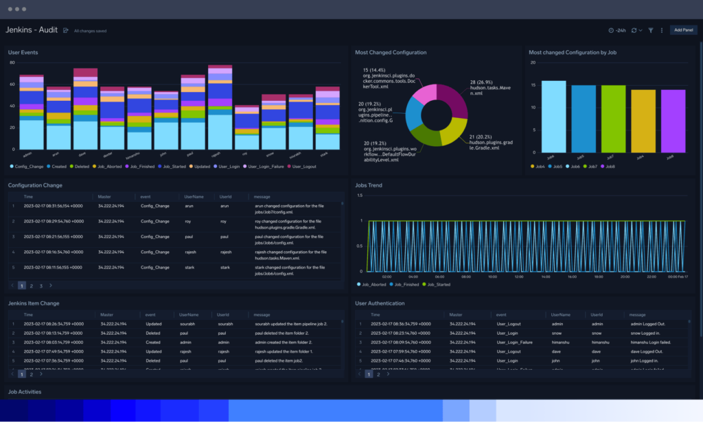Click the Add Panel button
683,30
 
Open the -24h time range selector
616,30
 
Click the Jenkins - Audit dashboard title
32,30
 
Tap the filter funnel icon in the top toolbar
651,30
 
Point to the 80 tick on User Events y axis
12,62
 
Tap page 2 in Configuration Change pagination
31,285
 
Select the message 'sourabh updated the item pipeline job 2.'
290,323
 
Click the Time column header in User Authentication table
376,314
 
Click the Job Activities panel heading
25,392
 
